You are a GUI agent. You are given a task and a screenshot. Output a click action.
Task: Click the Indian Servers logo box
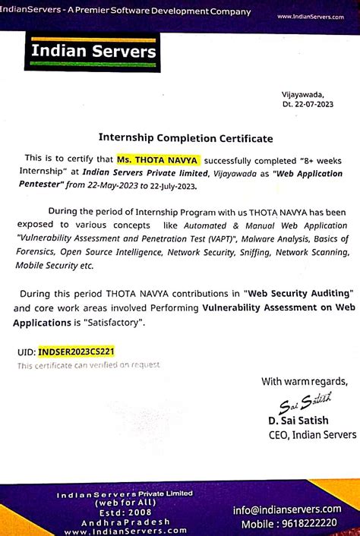coord(94,52)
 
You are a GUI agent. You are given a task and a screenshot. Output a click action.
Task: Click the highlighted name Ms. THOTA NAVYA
coord(158,160)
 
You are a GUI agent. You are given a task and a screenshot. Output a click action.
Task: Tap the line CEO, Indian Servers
coord(311,434)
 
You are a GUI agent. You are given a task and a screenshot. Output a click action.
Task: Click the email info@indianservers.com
coord(297,509)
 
